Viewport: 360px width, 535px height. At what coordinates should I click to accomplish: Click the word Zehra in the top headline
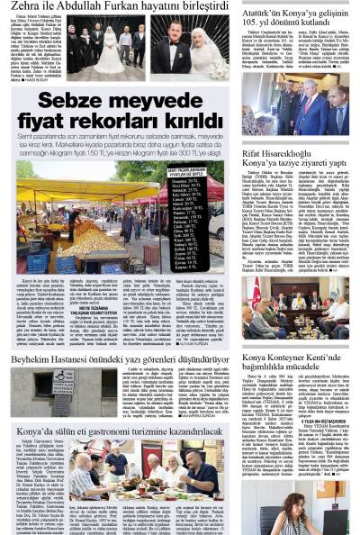click(24, 8)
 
